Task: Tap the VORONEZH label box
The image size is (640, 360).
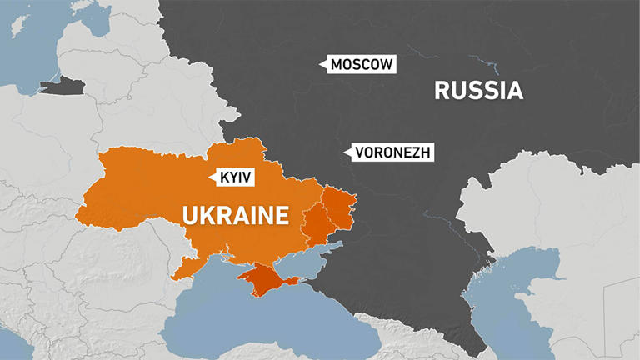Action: pyautogui.click(x=393, y=152)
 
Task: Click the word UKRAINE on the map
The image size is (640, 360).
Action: pyautogui.click(x=236, y=216)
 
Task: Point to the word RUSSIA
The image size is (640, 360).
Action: pyautogui.click(x=478, y=90)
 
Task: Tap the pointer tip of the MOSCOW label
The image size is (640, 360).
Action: pyautogui.click(x=322, y=64)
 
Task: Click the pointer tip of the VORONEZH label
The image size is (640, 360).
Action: pyautogui.click(x=344, y=152)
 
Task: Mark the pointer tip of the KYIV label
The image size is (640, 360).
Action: pyautogui.click(x=209, y=177)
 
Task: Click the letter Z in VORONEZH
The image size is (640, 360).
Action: pyautogui.click(x=415, y=152)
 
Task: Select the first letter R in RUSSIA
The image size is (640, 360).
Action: pyautogui.click(x=442, y=90)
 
